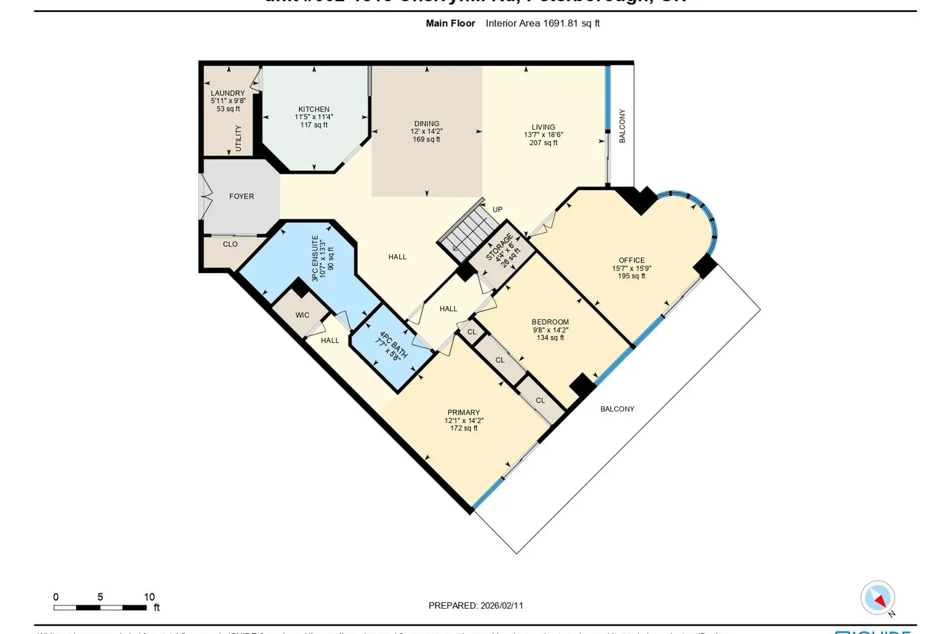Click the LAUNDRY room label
click(228, 93)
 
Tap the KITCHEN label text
click(314, 109)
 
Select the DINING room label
click(427, 124)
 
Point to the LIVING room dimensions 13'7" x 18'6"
click(543, 135)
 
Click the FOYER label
click(242, 197)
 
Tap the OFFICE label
click(631, 261)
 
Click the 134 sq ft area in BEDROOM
click(550, 338)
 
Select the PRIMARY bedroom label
click(463, 412)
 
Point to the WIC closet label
click(302, 315)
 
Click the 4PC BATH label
click(393, 342)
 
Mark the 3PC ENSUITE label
click(315, 258)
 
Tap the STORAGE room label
click(499, 247)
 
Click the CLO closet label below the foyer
click(230, 244)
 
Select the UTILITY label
click(238, 138)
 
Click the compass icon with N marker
click(878, 598)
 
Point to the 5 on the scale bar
click(100, 597)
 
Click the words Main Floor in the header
click(450, 23)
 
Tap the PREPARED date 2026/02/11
click(501, 605)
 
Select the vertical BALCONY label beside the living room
click(622, 126)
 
